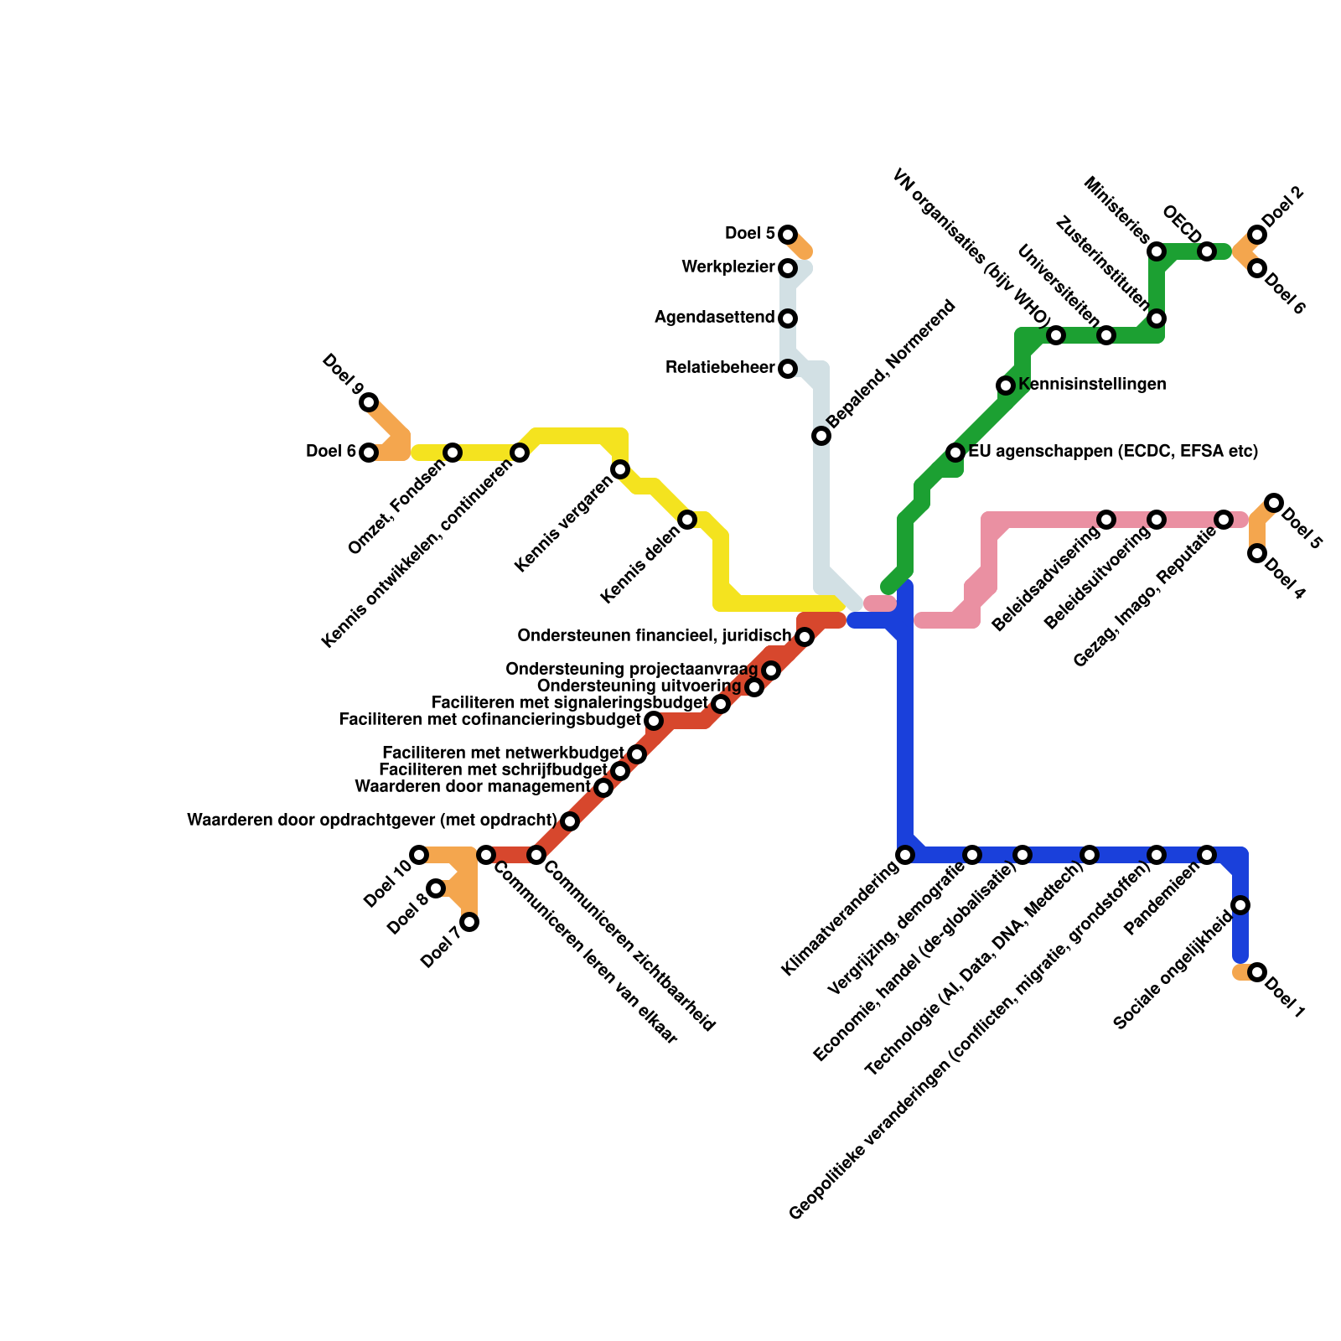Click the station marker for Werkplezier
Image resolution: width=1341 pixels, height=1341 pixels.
click(788, 268)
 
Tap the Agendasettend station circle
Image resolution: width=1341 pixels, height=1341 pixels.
click(788, 318)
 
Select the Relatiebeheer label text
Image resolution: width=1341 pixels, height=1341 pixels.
click(720, 368)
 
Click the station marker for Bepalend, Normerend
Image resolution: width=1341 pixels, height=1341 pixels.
click(821, 436)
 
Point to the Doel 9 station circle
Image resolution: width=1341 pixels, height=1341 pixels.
click(369, 402)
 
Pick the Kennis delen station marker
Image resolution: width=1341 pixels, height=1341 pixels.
click(687, 520)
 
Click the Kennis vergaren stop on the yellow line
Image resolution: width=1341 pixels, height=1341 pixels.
click(620, 469)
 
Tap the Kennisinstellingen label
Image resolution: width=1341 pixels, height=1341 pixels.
click(1092, 385)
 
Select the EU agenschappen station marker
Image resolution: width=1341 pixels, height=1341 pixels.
click(955, 453)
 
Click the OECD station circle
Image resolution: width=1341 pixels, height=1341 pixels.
click(1207, 251)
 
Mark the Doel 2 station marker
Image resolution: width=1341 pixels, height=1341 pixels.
click(1257, 235)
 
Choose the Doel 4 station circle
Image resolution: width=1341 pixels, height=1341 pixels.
click(1257, 553)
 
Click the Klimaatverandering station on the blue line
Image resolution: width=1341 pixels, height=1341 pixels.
click(905, 855)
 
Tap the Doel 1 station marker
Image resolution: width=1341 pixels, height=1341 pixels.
click(1257, 972)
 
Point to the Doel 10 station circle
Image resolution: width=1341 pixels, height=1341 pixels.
click(419, 855)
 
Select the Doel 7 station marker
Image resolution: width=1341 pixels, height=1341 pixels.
click(470, 922)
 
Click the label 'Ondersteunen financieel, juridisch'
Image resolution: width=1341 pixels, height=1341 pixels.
click(654, 636)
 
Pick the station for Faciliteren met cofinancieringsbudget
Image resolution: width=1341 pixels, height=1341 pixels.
click(654, 721)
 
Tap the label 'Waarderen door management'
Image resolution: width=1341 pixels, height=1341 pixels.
click(473, 787)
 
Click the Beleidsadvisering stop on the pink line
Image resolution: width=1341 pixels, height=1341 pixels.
click(1106, 520)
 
